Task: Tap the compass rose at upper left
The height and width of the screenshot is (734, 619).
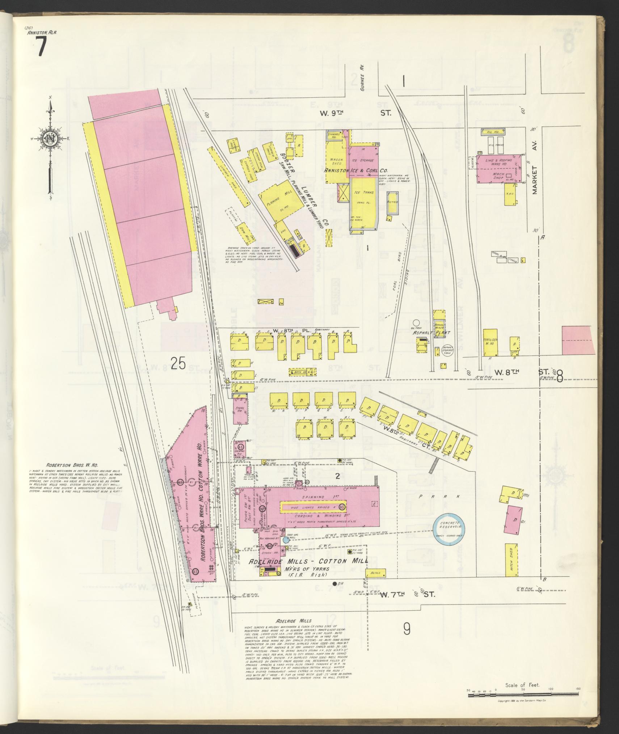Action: click(x=49, y=138)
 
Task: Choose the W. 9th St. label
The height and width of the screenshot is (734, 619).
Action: click(x=355, y=113)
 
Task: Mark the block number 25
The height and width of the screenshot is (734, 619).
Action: click(x=178, y=363)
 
